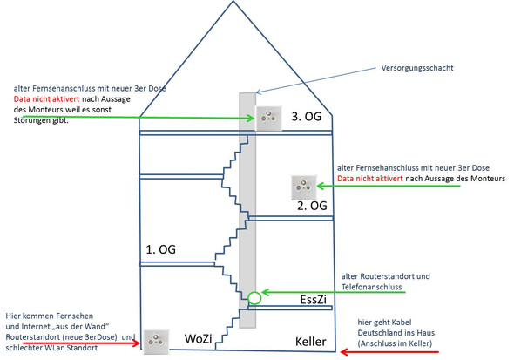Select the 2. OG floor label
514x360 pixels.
click(312, 207)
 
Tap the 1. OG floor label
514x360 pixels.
click(160, 249)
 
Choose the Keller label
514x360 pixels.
click(310, 342)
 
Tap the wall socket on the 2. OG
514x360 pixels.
click(302, 186)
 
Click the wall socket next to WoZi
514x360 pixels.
click(155, 342)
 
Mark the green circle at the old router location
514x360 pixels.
click(254, 298)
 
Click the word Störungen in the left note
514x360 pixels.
click(34, 120)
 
